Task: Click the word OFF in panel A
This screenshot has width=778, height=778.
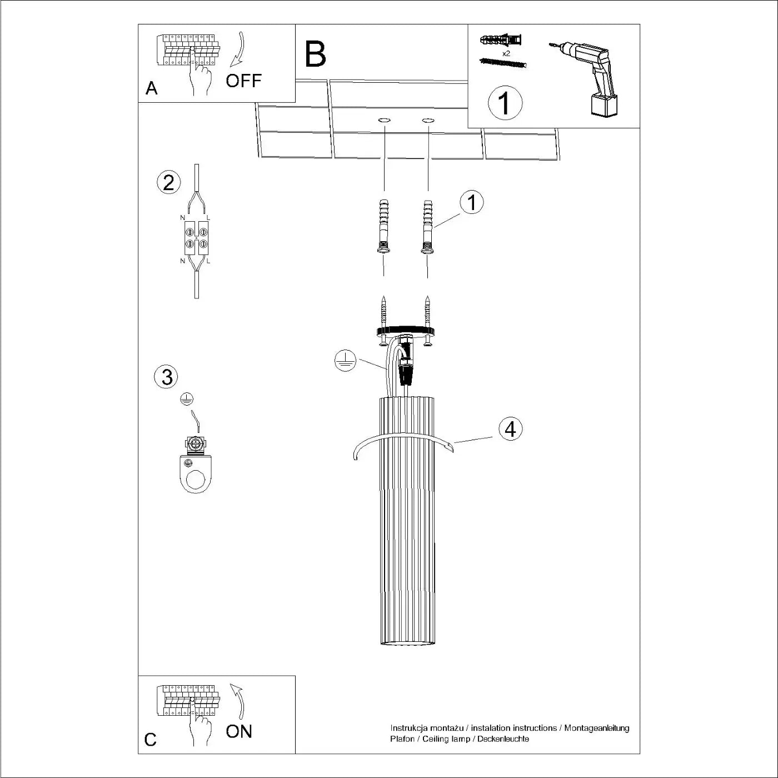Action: pyautogui.click(x=243, y=81)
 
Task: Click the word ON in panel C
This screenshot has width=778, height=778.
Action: pyautogui.click(x=239, y=731)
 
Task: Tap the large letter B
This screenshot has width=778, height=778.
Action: pyautogui.click(x=315, y=54)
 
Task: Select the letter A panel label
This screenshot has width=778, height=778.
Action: pyautogui.click(x=151, y=88)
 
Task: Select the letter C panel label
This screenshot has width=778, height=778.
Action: pyautogui.click(x=150, y=740)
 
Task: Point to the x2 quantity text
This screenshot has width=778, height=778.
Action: pyautogui.click(x=506, y=54)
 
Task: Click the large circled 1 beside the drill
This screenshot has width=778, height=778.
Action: pyautogui.click(x=505, y=103)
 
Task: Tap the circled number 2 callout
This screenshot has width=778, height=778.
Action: pyautogui.click(x=168, y=182)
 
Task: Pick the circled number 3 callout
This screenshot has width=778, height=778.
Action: pyautogui.click(x=167, y=377)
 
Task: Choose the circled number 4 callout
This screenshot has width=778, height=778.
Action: pyautogui.click(x=510, y=429)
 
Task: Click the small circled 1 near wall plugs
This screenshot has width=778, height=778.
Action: pyautogui.click(x=472, y=202)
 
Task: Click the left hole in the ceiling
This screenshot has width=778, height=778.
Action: pyautogui.click(x=384, y=120)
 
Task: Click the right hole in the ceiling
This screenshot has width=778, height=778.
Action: pyautogui.click(x=427, y=120)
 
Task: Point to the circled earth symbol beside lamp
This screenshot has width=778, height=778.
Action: pyautogui.click(x=345, y=361)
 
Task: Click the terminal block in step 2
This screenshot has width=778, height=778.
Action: pyautogui.click(x=196, y=237)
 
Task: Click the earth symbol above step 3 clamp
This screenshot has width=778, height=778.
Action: pyautogui.click(x=187, y=398)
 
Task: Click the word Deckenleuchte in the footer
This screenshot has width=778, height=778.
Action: pyautogui.click(x=503, y=739)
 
